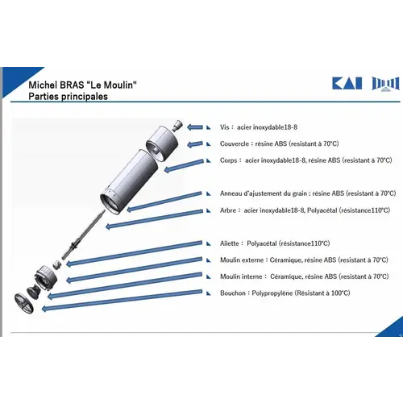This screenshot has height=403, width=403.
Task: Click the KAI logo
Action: [347, 83]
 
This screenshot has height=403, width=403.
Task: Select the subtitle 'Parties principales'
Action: [68, 97]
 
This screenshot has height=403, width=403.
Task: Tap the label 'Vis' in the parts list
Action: [224, 127]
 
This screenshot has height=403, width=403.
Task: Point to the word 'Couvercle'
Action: [235, 143]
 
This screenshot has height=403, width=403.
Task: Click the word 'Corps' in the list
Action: [228, 160]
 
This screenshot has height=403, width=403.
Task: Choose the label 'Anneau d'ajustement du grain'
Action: [264, 193]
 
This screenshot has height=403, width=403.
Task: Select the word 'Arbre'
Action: [228, 210]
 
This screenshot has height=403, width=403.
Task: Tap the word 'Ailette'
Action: [229, 243]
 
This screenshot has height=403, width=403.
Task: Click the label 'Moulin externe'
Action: [242, 260]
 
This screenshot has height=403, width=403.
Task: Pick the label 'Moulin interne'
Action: [241, 276]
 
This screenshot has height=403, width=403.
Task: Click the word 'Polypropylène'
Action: [272, 293]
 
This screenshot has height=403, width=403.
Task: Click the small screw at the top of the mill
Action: [177, 126]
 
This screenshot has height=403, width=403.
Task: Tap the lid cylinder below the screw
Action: [162, 143]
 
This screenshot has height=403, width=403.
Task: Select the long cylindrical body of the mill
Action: [129, 181]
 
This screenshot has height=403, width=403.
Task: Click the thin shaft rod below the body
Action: [84, 235]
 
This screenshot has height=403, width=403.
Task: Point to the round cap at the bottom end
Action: [23, 304]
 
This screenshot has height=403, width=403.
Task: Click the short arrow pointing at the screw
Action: [195, 127]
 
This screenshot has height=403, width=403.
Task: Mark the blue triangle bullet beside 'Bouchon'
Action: [209, 293]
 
